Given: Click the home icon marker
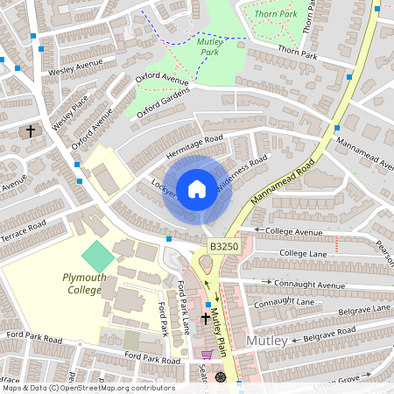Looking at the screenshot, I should (x=197, y=188).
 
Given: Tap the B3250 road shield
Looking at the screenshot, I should (x=222, y=249).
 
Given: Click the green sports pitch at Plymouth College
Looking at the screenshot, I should (x=98, y=257).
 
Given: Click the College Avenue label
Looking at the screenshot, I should (x=294, y=232).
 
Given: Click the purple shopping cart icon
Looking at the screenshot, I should (x=207, y=354).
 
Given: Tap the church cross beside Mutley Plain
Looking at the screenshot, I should (x=207, y=319).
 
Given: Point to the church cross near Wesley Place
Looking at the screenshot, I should (x=31, y=131).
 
